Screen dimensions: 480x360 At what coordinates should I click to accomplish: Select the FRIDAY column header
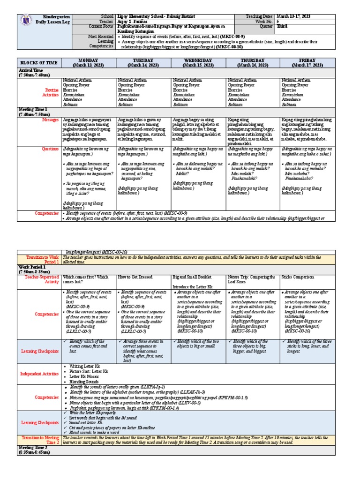[x=308, y=63]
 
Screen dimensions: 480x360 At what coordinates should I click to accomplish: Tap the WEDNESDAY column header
[x=199, y=63]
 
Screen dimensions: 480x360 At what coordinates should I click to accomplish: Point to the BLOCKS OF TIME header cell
[x=38, y=63]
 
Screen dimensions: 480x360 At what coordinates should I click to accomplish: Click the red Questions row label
[x=49, y=150]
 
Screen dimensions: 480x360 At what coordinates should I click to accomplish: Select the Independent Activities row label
[x=40, y=374]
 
